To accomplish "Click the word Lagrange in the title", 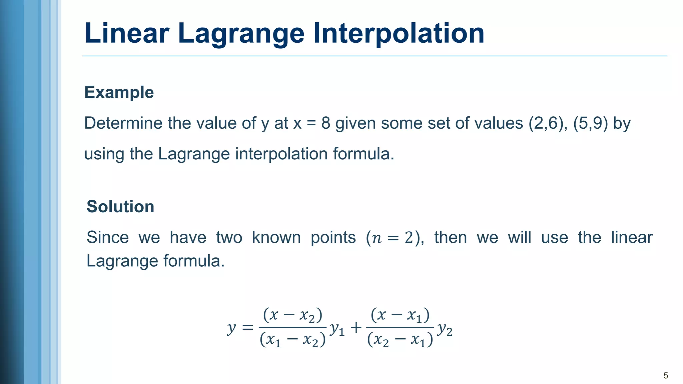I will [241, 33].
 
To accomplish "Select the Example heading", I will [119, 92].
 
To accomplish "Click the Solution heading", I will [120, 207].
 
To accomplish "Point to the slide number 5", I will [666, 376].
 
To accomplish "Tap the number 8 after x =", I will [325, 123].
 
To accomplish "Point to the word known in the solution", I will [276, 238].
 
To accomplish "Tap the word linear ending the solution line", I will [632, 238].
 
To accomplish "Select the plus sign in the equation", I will [356, 328].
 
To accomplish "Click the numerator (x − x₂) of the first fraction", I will [292, 315].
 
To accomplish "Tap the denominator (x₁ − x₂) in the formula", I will [292, 340].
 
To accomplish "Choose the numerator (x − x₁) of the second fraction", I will [400, 315].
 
